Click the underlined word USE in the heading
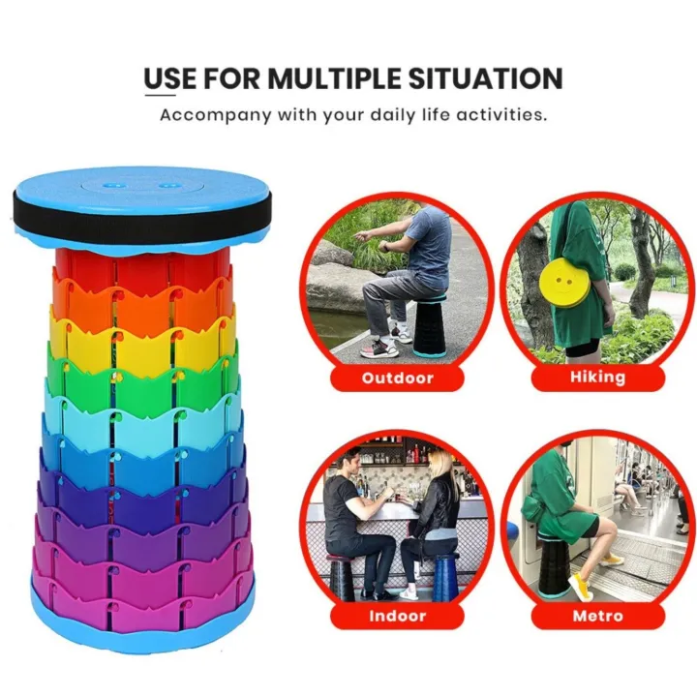[168, 77]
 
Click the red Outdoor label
[397, 377]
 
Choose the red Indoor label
[397, 616]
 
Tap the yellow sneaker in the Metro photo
[580, 586]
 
